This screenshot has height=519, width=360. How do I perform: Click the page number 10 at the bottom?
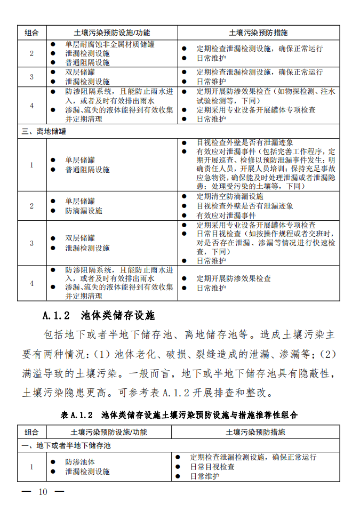tap(43, 491)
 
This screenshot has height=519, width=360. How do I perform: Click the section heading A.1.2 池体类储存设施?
tap(99, 315)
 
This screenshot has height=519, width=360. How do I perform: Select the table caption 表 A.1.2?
tap(78, 414)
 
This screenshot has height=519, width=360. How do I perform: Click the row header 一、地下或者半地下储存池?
tap(66, 445)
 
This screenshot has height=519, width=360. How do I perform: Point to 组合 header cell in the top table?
tap(31, 33)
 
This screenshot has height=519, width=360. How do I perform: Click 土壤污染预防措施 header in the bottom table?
tap(255, 432)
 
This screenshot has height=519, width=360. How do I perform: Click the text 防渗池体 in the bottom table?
tap(81, 462)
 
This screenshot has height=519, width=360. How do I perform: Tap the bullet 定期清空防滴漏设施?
tap(230, 196)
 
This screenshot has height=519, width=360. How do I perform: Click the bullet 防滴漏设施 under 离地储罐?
tap(84, 211)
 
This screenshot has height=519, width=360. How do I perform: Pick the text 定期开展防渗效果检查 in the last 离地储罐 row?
tap(234, 278)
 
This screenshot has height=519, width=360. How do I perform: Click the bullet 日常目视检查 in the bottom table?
tap(212, 467)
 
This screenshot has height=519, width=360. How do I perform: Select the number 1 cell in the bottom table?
tap(31, 467)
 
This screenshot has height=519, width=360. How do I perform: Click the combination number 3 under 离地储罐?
tap(31, 243)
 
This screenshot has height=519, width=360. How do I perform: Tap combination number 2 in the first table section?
tap(31, 54)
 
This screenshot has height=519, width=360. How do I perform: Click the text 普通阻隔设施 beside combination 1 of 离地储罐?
tap(87, 170)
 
